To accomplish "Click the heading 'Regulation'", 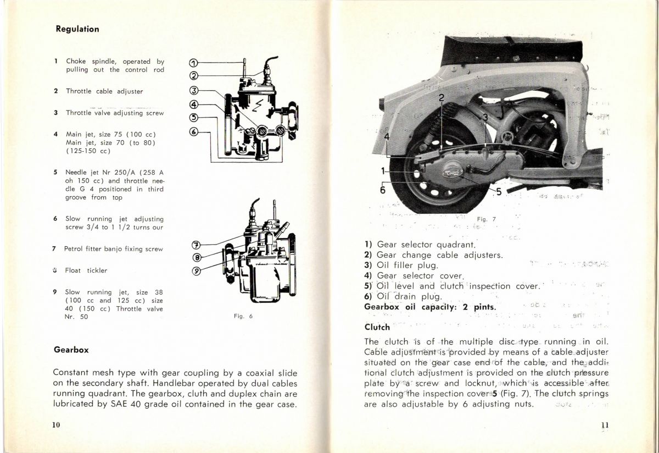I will coord(77,29).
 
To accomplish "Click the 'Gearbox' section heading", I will coord(71,350).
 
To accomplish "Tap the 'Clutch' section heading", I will coord(377,327).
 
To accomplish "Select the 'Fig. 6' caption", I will coord(243,316).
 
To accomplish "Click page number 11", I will coord(605,424).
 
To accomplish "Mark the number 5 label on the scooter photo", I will coord(499,191).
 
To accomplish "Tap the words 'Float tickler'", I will coord(86,270).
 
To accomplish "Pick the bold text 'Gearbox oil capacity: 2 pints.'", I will coord(431,307).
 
